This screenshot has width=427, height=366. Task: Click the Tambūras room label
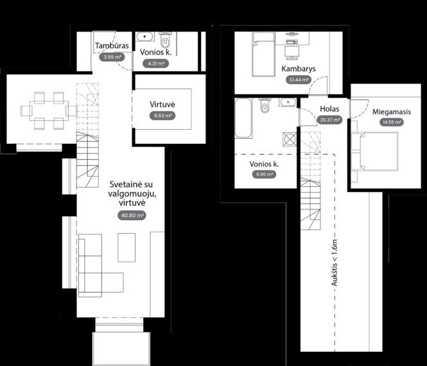(112, 46)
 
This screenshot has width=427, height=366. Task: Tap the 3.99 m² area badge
(112, 57)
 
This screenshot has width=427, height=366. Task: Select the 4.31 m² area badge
(156, 64)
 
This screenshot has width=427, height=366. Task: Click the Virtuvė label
(162, 104)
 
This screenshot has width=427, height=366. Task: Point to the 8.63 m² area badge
(162, 116)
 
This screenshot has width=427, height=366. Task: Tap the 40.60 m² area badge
(132, 215)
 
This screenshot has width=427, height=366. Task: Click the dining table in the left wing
(49, 110)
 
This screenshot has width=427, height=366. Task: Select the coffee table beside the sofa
(126, 248)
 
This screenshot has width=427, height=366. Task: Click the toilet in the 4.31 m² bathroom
(165, 40)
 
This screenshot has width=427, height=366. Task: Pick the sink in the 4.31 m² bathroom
(145, 37)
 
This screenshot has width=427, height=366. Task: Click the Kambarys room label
(299, 69)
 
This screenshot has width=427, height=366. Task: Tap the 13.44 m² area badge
(299, 80)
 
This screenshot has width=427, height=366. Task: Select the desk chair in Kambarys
(292, 53)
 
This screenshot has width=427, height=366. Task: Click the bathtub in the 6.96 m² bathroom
(243, 118)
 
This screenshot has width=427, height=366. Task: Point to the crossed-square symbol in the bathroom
(290, 139)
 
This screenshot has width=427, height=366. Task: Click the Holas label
(329, 109)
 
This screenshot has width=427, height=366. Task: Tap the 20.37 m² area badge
(329, 120)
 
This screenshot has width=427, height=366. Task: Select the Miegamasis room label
(392, 112)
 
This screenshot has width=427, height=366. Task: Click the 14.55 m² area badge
(392, 122)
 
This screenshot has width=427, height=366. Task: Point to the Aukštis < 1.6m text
(335, 263)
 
